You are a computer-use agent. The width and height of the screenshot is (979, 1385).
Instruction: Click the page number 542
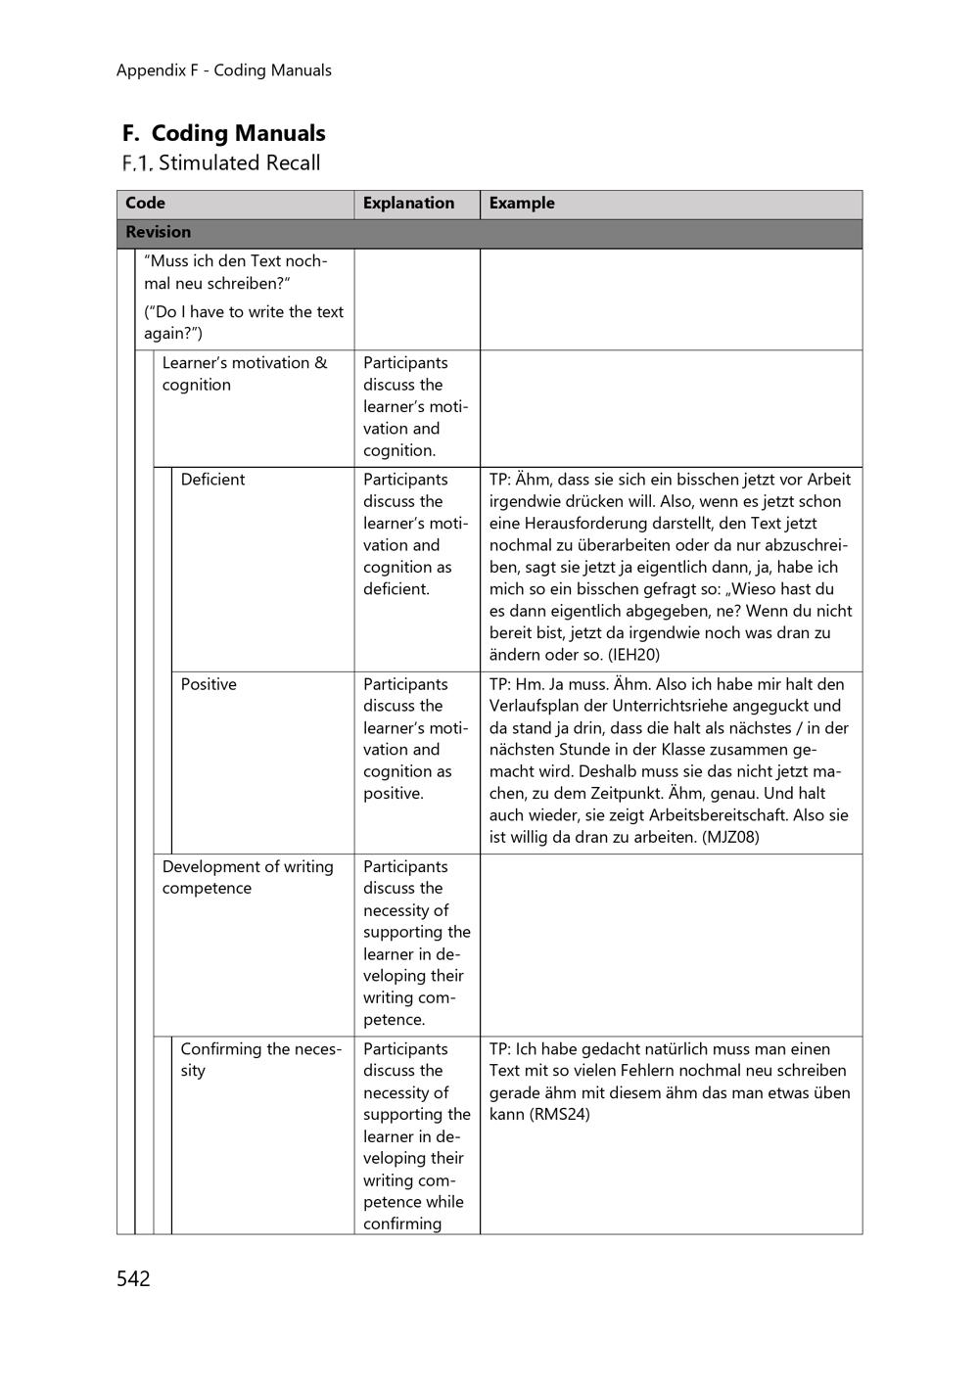[133, 1278]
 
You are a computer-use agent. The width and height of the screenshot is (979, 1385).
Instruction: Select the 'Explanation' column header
[408, 204]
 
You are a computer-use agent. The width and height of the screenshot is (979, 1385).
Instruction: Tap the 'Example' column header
[522, 204]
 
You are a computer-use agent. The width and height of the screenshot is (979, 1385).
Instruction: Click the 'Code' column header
[145, 204]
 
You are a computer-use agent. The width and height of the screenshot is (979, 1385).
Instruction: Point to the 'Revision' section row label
[158, 233]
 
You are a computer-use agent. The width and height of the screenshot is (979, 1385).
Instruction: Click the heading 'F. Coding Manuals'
[224, 133]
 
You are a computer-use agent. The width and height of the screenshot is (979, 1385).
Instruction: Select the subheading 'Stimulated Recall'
[239, 163]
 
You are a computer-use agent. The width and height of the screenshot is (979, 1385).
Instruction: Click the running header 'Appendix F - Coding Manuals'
[223, 70]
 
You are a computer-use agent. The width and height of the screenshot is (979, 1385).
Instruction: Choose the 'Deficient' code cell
[212, 480]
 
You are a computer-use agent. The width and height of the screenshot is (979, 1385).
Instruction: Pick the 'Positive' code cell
[209, 684]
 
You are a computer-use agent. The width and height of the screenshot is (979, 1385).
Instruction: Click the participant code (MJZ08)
[730, 838]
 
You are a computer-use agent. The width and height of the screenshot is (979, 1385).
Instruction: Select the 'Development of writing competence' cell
[248, 877]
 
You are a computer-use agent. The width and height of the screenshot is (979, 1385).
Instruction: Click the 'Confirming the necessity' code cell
[260, 1059]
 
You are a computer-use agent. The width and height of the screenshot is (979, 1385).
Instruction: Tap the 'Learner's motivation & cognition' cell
[245, 373]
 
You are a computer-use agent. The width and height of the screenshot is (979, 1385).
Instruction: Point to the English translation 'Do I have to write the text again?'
[244, 323]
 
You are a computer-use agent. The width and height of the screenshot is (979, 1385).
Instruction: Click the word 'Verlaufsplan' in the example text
[536, 706]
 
